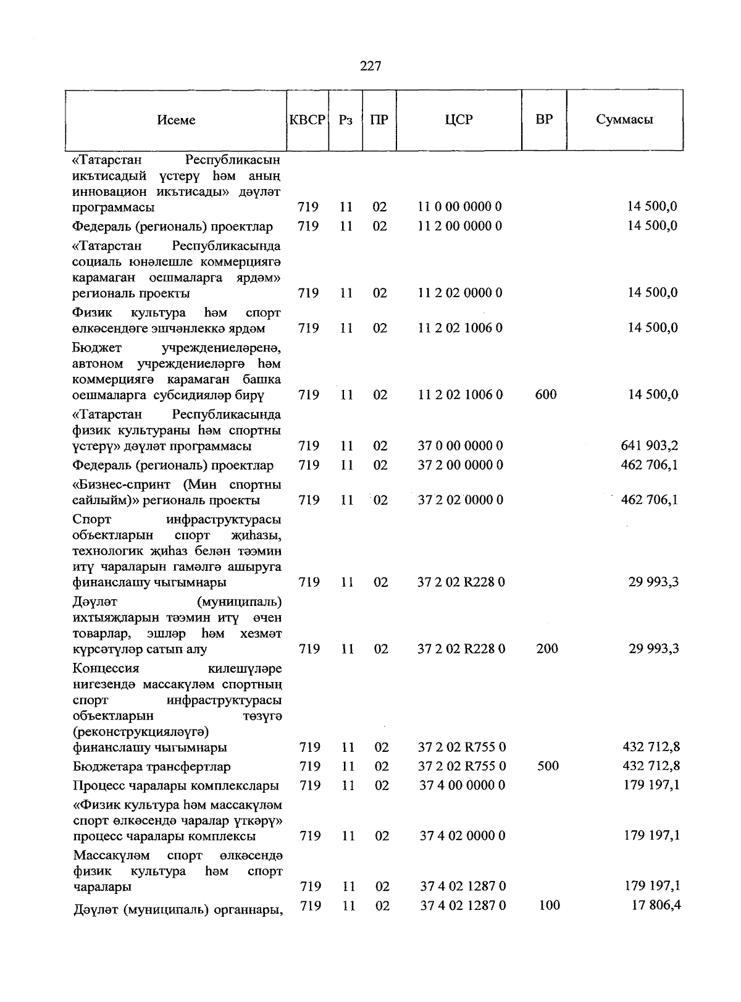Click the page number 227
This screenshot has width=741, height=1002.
(x=371, y=66)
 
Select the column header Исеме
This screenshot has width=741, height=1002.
(x=176, y=120)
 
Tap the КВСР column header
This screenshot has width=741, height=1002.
(x=308, y=120)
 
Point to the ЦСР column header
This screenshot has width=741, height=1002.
(x=459, y=120)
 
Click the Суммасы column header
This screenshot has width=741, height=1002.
(x=624, y=120)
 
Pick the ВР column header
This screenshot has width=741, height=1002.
(x=544, y=120)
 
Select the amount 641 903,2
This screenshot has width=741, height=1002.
(x=649, y=445)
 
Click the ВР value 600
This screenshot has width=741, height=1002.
(x=546, y=394)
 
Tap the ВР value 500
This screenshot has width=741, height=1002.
(x=548, y=766)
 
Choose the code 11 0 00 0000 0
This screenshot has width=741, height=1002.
(x=459, y=207)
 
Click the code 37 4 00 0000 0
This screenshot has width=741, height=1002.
(x=462, y=785)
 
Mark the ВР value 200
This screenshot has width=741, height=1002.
(x=547, y=649)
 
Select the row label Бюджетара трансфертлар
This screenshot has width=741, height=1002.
(x=152, y=767)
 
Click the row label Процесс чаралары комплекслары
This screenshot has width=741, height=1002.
(x=175, y=786)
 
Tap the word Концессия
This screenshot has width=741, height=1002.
(x=106, y=668)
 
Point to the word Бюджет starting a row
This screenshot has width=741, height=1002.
(x=98, y=348)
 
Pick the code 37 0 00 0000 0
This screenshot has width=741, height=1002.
(x=460, y=445)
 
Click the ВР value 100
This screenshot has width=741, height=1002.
(x=549, y=905)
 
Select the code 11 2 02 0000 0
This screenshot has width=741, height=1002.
(x=459, y=293)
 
